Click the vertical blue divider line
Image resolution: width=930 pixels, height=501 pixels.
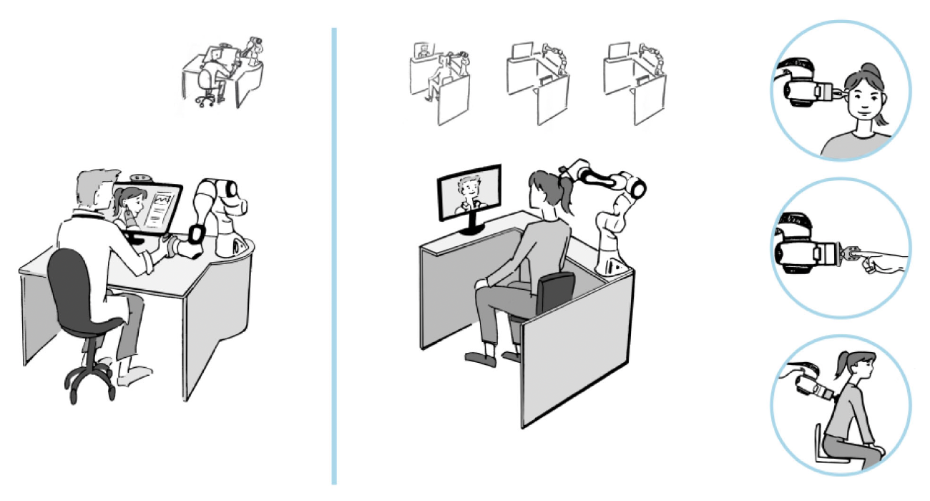(333, 258)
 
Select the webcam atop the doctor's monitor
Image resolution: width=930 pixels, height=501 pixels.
(139, 177)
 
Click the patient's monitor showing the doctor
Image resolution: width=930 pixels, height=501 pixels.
(469, 191)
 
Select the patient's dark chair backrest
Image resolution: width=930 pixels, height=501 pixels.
(555, 293)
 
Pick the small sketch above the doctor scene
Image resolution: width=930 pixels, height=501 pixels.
(222, 74)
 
